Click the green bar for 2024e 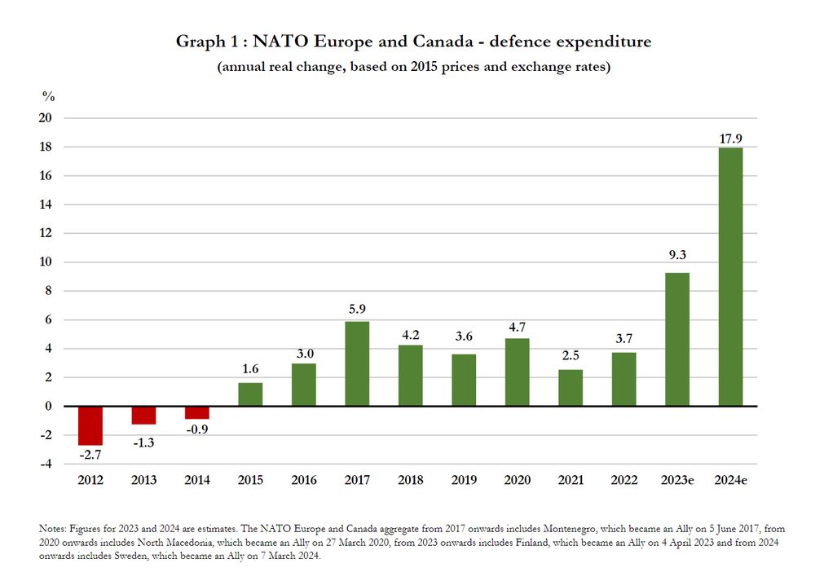730,276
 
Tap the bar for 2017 357,363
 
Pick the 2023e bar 677,339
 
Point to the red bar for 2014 197,412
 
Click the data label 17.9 730,139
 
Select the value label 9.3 677,255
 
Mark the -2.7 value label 90,455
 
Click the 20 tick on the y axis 46,118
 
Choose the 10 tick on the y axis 46,262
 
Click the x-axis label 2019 464,480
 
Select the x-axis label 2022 623,480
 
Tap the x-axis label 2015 250,480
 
